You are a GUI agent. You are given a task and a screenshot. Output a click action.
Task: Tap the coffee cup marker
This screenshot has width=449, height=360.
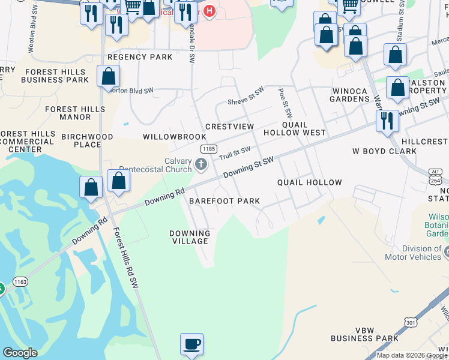click(x=191, y=344)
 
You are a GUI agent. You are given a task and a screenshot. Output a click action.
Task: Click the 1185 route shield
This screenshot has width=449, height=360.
click(x=208, y=149)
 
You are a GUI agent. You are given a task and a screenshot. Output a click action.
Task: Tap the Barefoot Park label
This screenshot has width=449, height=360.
click(x=224, y=202)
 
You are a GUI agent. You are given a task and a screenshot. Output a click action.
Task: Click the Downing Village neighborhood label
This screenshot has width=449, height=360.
click(x=190, y=237)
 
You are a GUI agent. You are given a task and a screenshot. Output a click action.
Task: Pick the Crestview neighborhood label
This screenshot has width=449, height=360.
click(x=230, y=127)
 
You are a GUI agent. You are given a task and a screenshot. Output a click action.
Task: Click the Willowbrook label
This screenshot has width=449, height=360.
click(x=166, y=137)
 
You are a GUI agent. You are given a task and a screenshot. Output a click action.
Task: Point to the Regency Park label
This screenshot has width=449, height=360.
click(x=140, y=58)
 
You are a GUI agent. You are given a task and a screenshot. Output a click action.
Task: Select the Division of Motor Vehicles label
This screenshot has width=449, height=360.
click(x=417, y=253)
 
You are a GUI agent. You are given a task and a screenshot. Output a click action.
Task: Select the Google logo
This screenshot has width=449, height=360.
click(x=20, y=353)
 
